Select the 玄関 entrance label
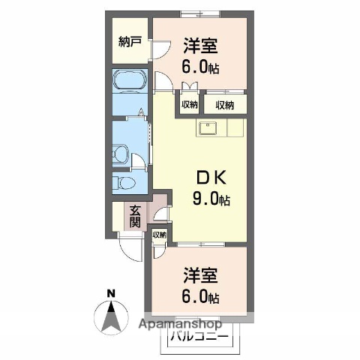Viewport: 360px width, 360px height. pyautogui.click(x=135, y=216)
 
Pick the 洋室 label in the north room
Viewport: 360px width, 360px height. pyautogui.click(x=199, y=45)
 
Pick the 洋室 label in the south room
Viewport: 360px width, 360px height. pyautogui.click(x=199, y=274)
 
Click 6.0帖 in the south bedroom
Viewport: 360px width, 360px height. pyautogui.click(x=199, y=296)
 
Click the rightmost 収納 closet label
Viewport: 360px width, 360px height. pyautogui.click(x=224, y=104)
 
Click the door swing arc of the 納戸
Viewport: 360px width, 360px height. pyautogui.click(x=160, y=49)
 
